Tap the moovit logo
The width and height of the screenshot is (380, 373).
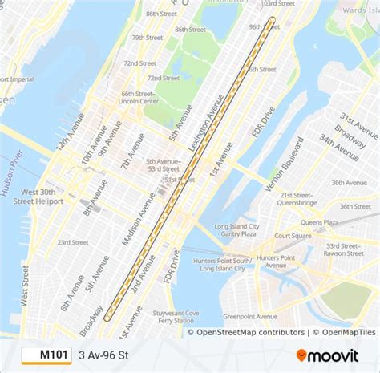tap(331, 353)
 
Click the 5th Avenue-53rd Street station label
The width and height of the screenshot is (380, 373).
tap(163, 165)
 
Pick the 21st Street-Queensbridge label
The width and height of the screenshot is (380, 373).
tap(298, 199)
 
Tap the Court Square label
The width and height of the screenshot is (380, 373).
tap(293, 236)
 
